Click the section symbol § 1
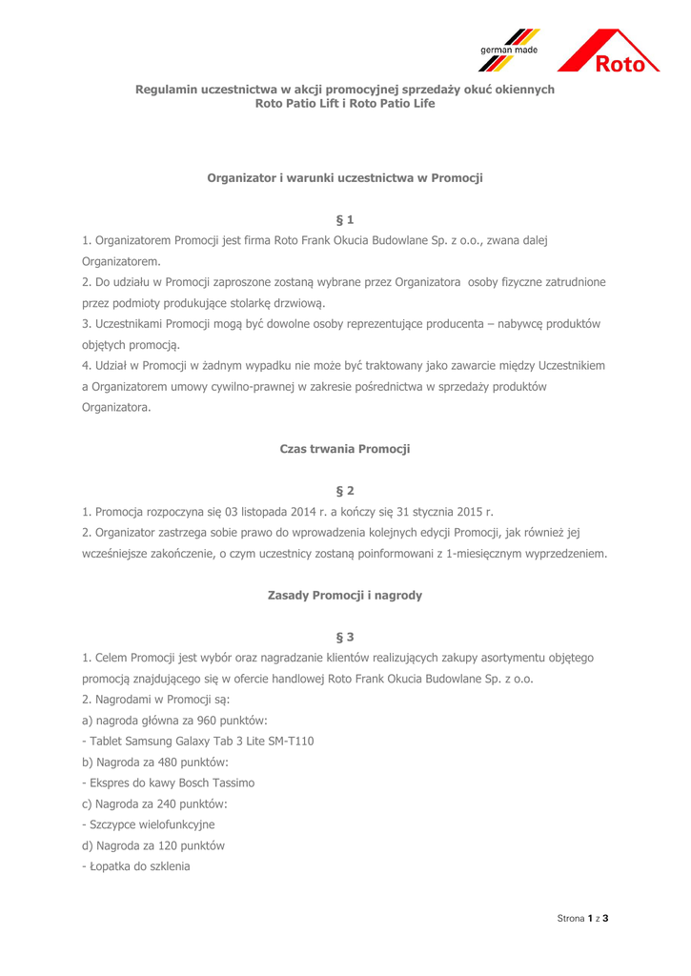point(345,221)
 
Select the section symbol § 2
point(345,491)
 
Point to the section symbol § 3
point(345,636)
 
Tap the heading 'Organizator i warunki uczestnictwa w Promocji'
point(345,178)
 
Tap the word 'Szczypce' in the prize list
point(112,823)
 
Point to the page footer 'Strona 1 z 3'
point(582,918)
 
